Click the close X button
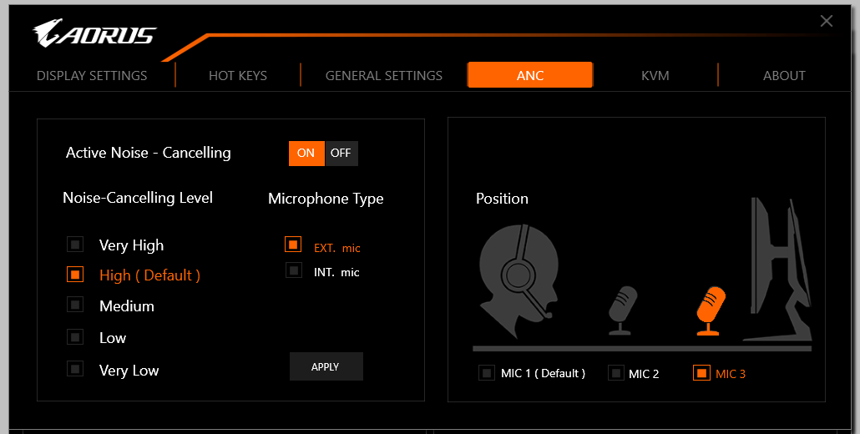tap(826, 21)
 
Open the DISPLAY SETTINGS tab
tap(92, 76)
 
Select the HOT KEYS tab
tap(237, 76)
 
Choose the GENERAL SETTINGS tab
tap(384, 76)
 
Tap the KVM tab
tap(655, 76)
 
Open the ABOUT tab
tap(784, 76)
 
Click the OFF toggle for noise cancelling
tap(341, 154)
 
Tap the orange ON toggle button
tap(306, 154)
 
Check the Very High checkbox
tap(75, 244)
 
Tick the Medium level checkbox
tap(75, 304)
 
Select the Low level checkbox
tap(75, 336)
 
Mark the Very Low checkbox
tap(75, 368)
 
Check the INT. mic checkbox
tap(294, 270)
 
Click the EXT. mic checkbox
tap(293, 244)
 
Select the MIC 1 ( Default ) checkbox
tap(487, 373)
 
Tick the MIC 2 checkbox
tap(616, 373)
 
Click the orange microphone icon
tap(710, 310)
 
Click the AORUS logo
tap(94, 34)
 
